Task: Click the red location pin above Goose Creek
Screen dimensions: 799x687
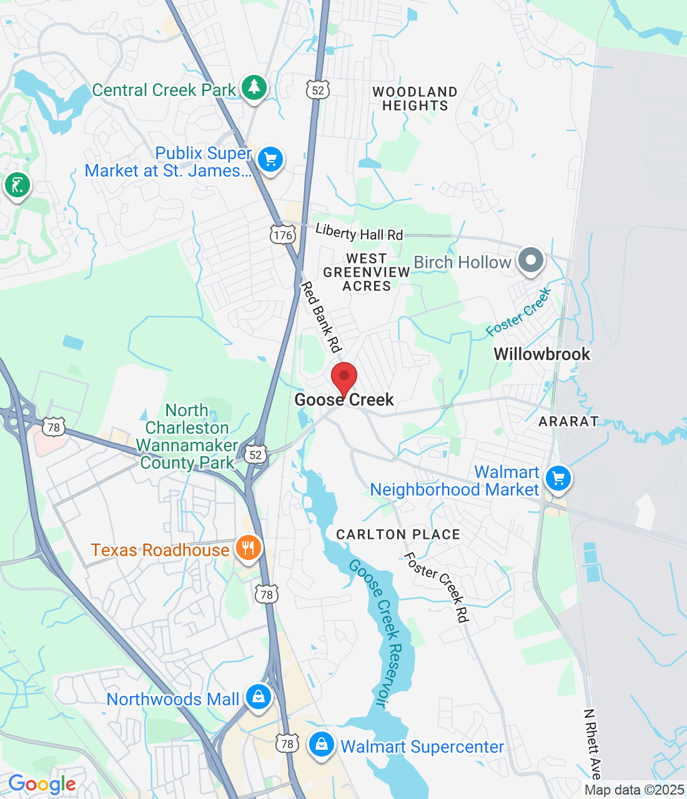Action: pyautogui.click(x=343, y=378)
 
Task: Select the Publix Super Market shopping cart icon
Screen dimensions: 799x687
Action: pyautogui.click(x=270, y=160)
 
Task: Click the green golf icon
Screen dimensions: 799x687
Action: pyautogui.click(x=17, y=185)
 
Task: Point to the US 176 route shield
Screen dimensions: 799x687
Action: pyautogui.click(x=283, y=235)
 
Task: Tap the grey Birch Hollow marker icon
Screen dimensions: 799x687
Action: pyautogui.click(x=531, y=260)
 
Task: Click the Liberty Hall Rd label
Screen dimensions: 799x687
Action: pyautogui.click(x=359, y=233)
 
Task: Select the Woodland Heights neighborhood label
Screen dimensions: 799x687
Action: pyautogui.click(x=415, y=99)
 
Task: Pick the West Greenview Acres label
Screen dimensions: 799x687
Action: pyautogui.click(x=367, y=272)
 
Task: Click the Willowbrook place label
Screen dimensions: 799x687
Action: pyautogui.click(x=541, y=354)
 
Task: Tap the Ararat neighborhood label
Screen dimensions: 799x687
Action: pyautogui.click(x=568, y=421)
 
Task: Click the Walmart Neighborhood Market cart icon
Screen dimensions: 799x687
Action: pyautogui.click(x=558, y=479)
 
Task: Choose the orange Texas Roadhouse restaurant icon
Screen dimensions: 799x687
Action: pyautogui.click(x=249, y=549)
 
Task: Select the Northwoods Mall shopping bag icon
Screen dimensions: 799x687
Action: pyautogui.click(x=258, y=697)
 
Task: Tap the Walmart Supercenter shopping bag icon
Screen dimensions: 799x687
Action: pyautogui.click(x=322, y=745)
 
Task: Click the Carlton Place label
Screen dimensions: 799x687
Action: pyautogui.click(x=398, y=534)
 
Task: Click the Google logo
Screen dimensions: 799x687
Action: pyautogui.click(x=42, y=784)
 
